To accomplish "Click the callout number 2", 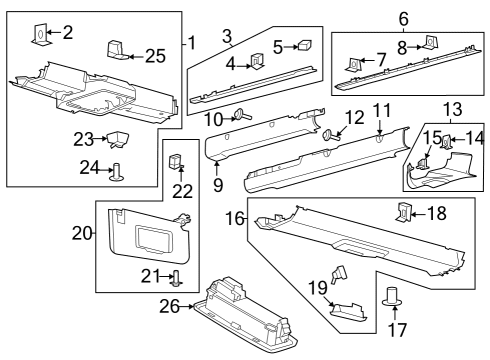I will tap(67, 33).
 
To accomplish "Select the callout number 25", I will tap(154, 54).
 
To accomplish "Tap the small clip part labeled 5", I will tap(304, 45).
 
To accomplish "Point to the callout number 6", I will tap(403, 19).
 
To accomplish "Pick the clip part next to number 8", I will tap(432, 42).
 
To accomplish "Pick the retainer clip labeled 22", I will tap(175, 158).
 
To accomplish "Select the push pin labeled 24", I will tap(117, 172).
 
